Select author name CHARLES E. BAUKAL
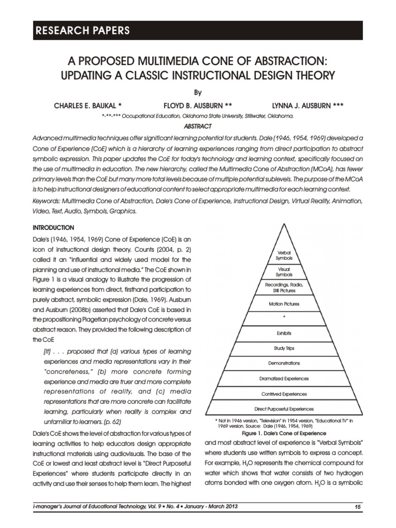coord(87,106)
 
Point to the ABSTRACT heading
coord(198,126)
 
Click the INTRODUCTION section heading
coord(54,227)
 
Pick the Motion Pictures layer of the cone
coord(284,304)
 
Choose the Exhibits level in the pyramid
coord(284,333)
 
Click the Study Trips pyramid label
coord(284,348)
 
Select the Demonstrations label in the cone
coord(284,363)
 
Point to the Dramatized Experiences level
coord(284,378)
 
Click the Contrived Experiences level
coord(284,394)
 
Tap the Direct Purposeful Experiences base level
coord(284,409)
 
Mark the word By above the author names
coord(198,93)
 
